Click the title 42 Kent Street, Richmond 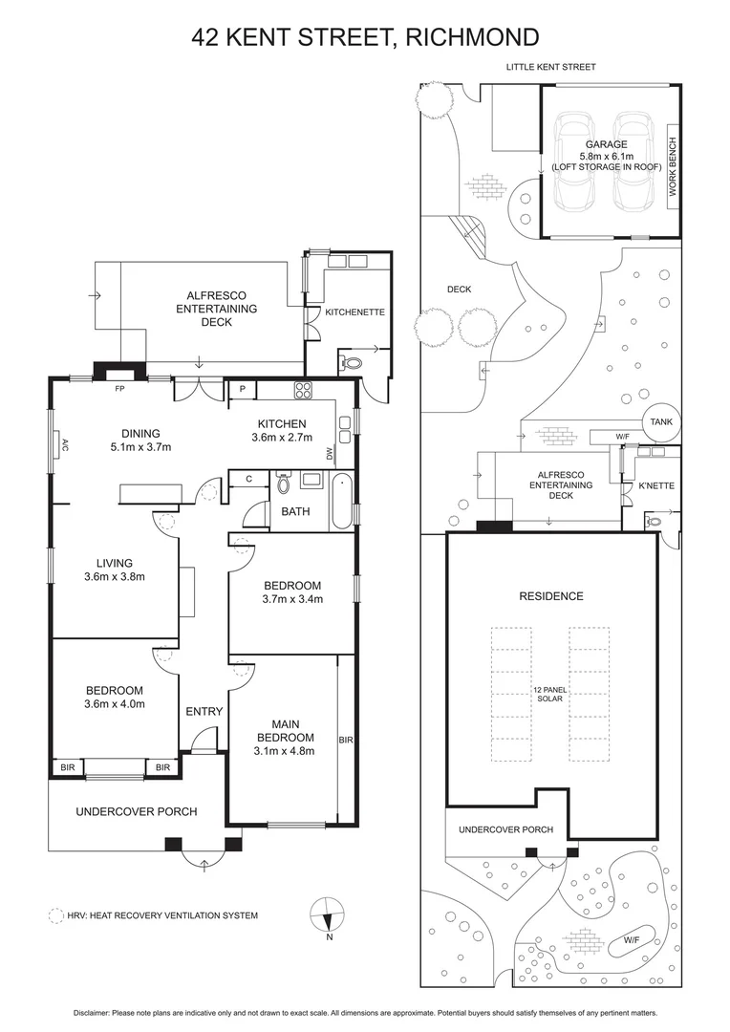click(365, 37)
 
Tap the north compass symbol click(327, 914)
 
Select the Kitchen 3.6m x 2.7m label click(282, 431)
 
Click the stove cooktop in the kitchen click(305, 389)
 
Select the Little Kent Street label click(550, 67)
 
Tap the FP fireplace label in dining click(119, 389)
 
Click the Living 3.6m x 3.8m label click(114, 570)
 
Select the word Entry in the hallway click(204, 711)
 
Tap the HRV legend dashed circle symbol click(55, 914)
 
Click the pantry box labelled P click(243, 389)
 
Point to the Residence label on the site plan click(550, 596)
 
